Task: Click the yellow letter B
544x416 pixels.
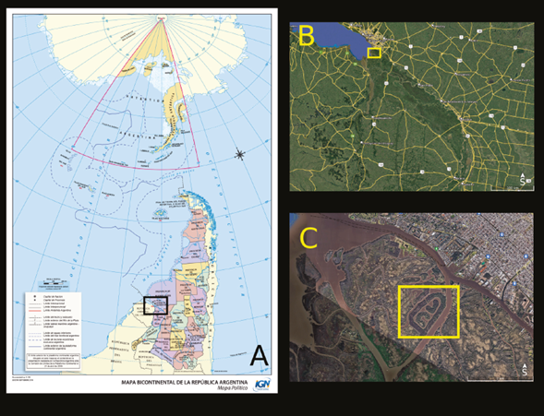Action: tap(306, 36)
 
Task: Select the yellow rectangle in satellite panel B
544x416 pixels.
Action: tap(374, 53)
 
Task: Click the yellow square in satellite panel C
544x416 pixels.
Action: tap(429, 312)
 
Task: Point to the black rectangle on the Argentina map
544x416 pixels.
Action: tap(156, 306)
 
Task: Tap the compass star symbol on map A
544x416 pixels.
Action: tap(240, 153)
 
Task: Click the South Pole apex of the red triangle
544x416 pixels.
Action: tap(164, 19)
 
